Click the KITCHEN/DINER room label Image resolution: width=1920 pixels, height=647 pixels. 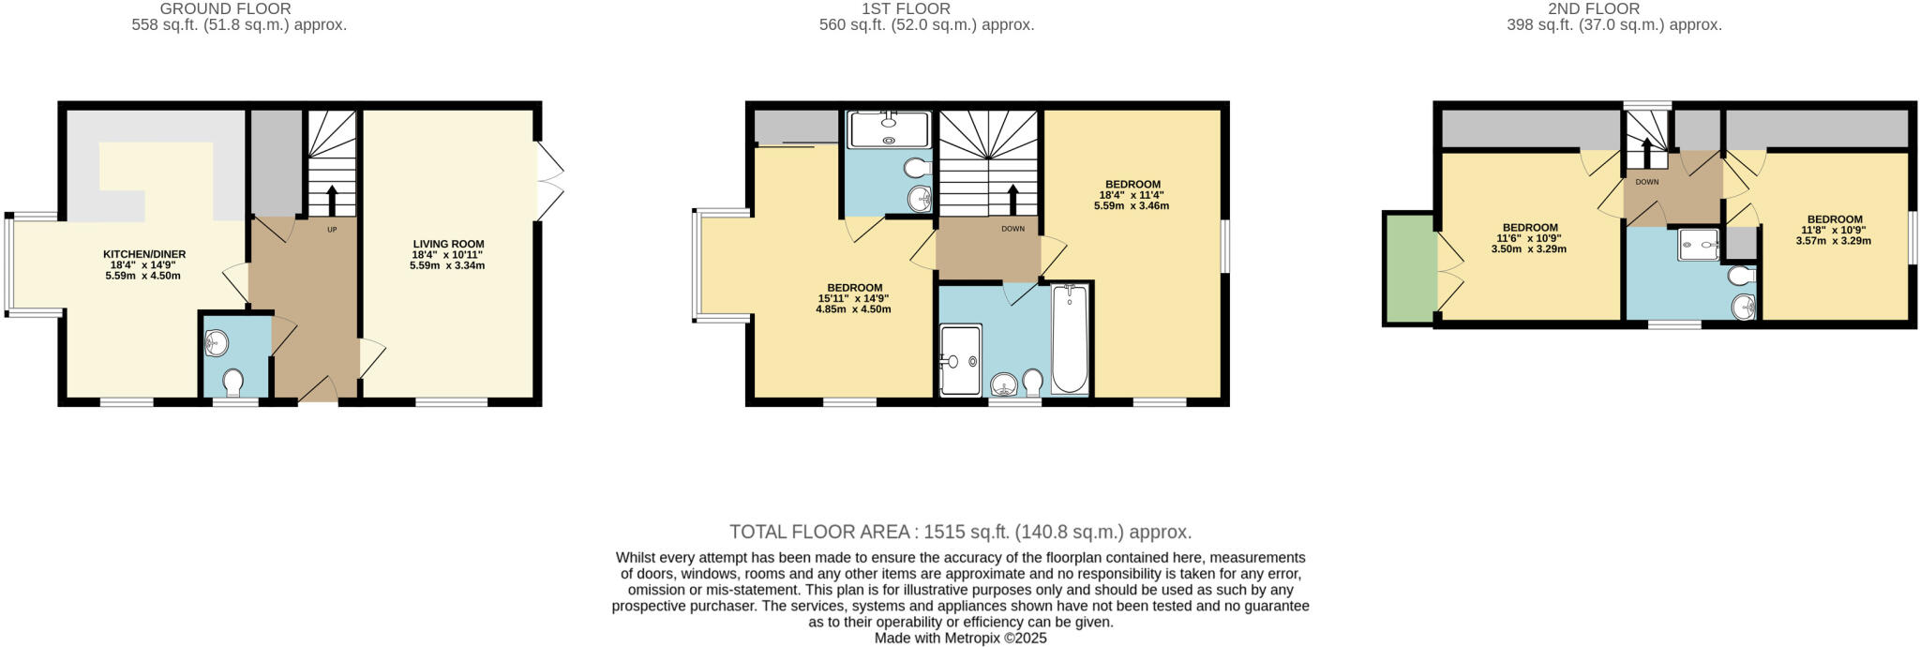coord(144,254)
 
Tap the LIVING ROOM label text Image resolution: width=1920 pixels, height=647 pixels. coord(448,244)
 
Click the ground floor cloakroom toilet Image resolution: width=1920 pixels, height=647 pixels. coord(233,382)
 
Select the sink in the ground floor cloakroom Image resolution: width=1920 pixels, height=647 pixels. coord(216,343)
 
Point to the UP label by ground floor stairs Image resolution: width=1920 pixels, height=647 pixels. coord(332,230)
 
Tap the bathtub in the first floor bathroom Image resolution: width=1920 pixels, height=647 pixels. coord(1070,339)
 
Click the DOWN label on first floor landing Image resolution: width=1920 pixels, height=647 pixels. coord(1012,229)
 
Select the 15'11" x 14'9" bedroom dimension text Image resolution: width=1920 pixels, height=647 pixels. coord(853,298)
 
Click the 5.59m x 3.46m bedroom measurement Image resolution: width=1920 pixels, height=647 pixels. coord(1132,206)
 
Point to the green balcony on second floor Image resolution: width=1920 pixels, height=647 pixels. coord(1409,268)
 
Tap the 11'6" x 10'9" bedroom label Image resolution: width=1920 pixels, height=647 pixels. coord(1530,238)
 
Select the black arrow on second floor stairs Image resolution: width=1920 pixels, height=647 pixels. coord(1647,151)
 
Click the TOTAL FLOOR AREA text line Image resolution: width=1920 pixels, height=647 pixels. coord(960,533)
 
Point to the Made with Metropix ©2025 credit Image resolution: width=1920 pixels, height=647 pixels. coord(960,639)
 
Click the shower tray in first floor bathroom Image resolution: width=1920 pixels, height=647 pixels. coord(960,359)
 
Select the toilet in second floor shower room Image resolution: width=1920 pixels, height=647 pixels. coord(1741,276)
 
